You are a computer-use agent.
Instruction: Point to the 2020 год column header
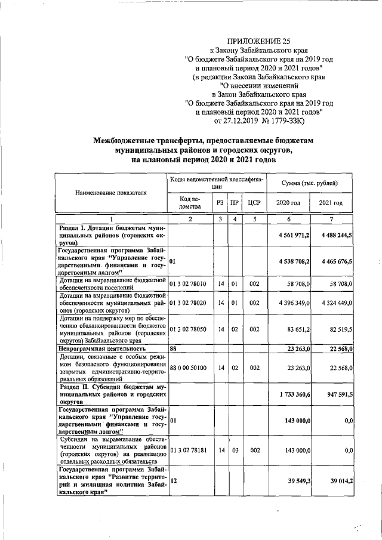[288, 203]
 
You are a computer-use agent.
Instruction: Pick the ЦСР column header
[255, 203]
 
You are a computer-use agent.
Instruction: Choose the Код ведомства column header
[189, 203]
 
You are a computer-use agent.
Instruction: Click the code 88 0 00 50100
[189, 368]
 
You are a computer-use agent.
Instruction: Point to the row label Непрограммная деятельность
[102, 348]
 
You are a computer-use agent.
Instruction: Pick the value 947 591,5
[338, 394]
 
